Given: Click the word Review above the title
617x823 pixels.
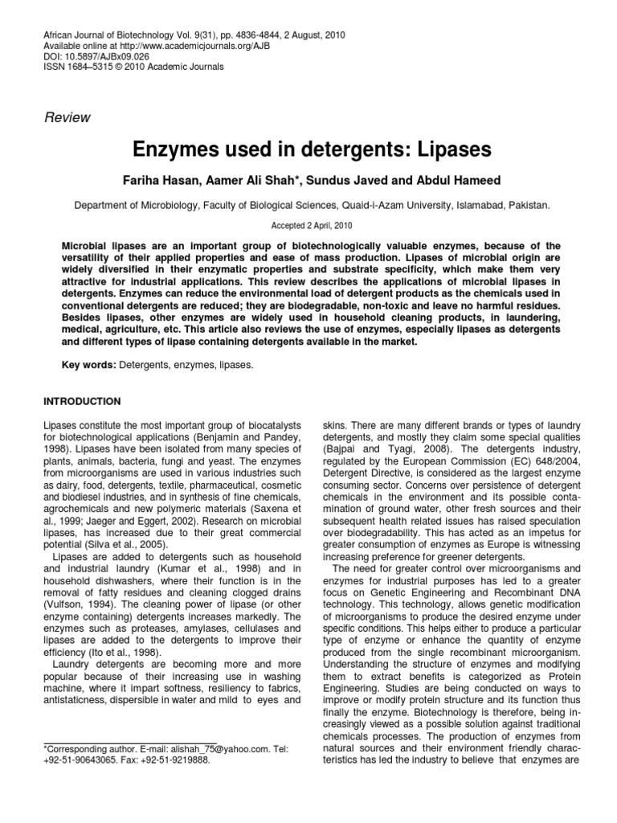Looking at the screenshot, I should pyautogui.click(x=67, y=117).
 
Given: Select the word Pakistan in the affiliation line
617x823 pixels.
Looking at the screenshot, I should pyautogui.click(x=528, y=205).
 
